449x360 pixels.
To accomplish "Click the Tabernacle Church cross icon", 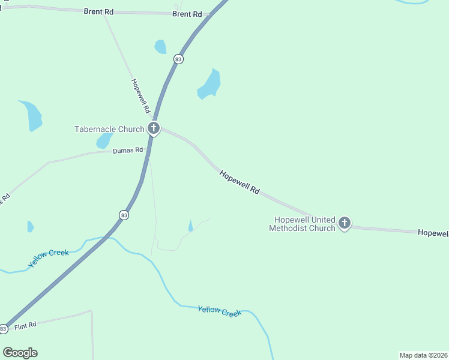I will [154, 128].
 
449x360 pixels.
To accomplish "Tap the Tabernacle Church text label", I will [109, 129].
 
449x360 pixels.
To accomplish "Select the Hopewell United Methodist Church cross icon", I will [345, 223].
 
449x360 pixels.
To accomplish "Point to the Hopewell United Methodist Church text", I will [303, 224].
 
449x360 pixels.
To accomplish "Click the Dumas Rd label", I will [128, 151].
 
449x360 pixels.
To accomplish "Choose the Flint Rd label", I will [26, 325].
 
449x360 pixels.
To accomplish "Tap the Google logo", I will [20, 353].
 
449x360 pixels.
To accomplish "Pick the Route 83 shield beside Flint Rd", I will [4, 329].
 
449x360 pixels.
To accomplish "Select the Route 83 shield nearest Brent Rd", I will [178, 59].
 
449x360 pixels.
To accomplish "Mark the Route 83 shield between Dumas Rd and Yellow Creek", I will [124, 215].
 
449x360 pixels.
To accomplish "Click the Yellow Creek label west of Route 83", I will [49, 258].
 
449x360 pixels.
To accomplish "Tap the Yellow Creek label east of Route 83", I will [220, 311].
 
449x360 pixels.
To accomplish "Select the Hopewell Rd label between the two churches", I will [240, 182].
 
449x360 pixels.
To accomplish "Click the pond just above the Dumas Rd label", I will [104, 140].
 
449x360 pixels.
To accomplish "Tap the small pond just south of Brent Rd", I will [160, 47].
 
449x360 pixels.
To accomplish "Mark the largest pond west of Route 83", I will [32, 115].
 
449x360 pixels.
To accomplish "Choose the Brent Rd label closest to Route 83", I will [187, 14].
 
